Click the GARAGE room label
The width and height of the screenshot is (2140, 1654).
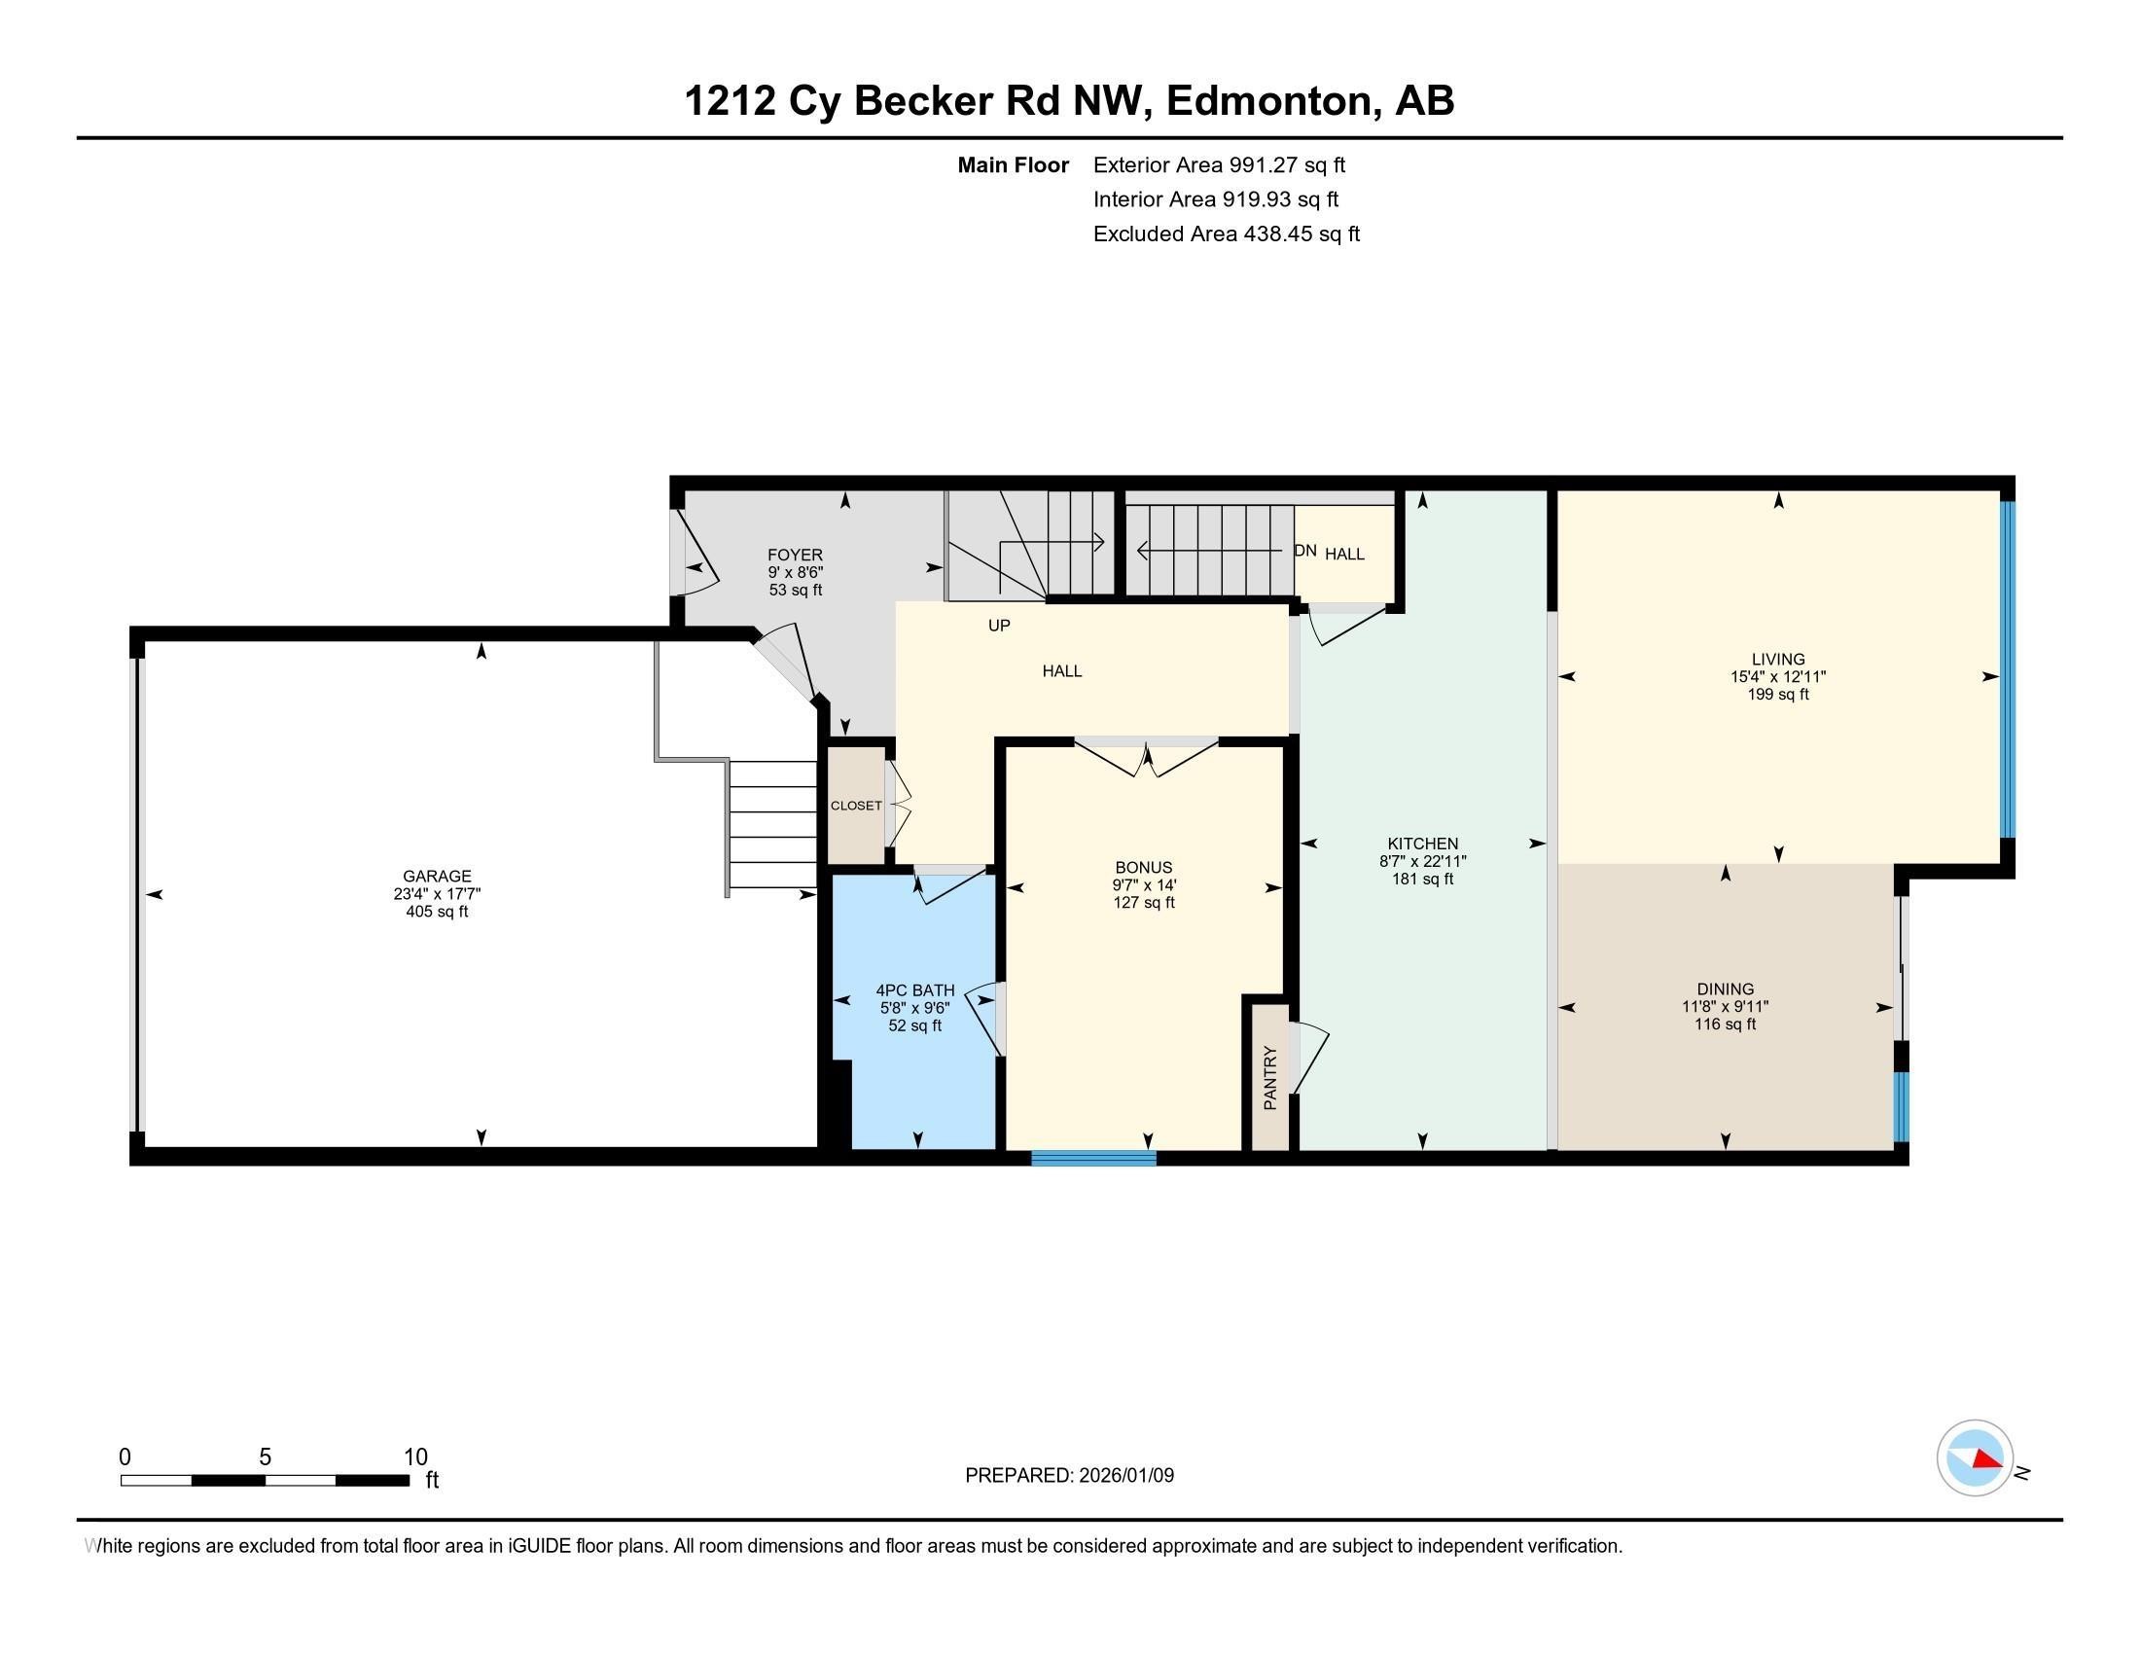pyautogui.click(x=437, y=876)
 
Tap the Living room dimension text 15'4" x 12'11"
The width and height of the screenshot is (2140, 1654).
pyautogui.click(x=1777, y=676)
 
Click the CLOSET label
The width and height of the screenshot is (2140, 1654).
pyautogui.click(x=856, y=806)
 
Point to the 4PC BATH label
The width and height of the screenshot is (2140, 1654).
pyautogui.click(x=915, y=990)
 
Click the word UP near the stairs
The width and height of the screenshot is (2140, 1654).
pyautogui.click(x=998, y=626)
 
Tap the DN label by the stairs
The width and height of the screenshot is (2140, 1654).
pyautogui.click(x=1305, y=551)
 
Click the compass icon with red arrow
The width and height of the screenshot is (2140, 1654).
pyautogui.click(x=1975, y=1457)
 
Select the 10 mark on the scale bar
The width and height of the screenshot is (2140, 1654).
pyautogui.click(x=415, y=1456)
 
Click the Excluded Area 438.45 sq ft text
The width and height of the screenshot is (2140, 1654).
pyautogui.click(x=1226, y=234)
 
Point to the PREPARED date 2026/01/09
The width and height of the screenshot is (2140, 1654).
pyautogui.click(x=1069, y=1476)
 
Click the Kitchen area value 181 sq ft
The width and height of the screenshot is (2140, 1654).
pyautogui.click(x=1423, y=879)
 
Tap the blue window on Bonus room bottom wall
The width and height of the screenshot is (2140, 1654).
pyautogui.click(x=1093, y=1158)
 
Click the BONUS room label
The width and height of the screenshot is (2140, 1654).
pyautogui.click(x=1144, y=867)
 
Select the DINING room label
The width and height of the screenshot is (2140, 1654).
pyautogui.click(x=1726, y=989)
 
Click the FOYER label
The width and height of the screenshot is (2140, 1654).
pyautogui.click(x=795, y=555)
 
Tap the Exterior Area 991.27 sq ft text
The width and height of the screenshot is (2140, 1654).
pyautogui.click(x=1219, y=165)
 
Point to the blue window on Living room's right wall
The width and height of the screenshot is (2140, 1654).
pyautogui.click(x=2008, y=669)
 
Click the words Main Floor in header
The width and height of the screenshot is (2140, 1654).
pyautogui.click(x=1013, y=165)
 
